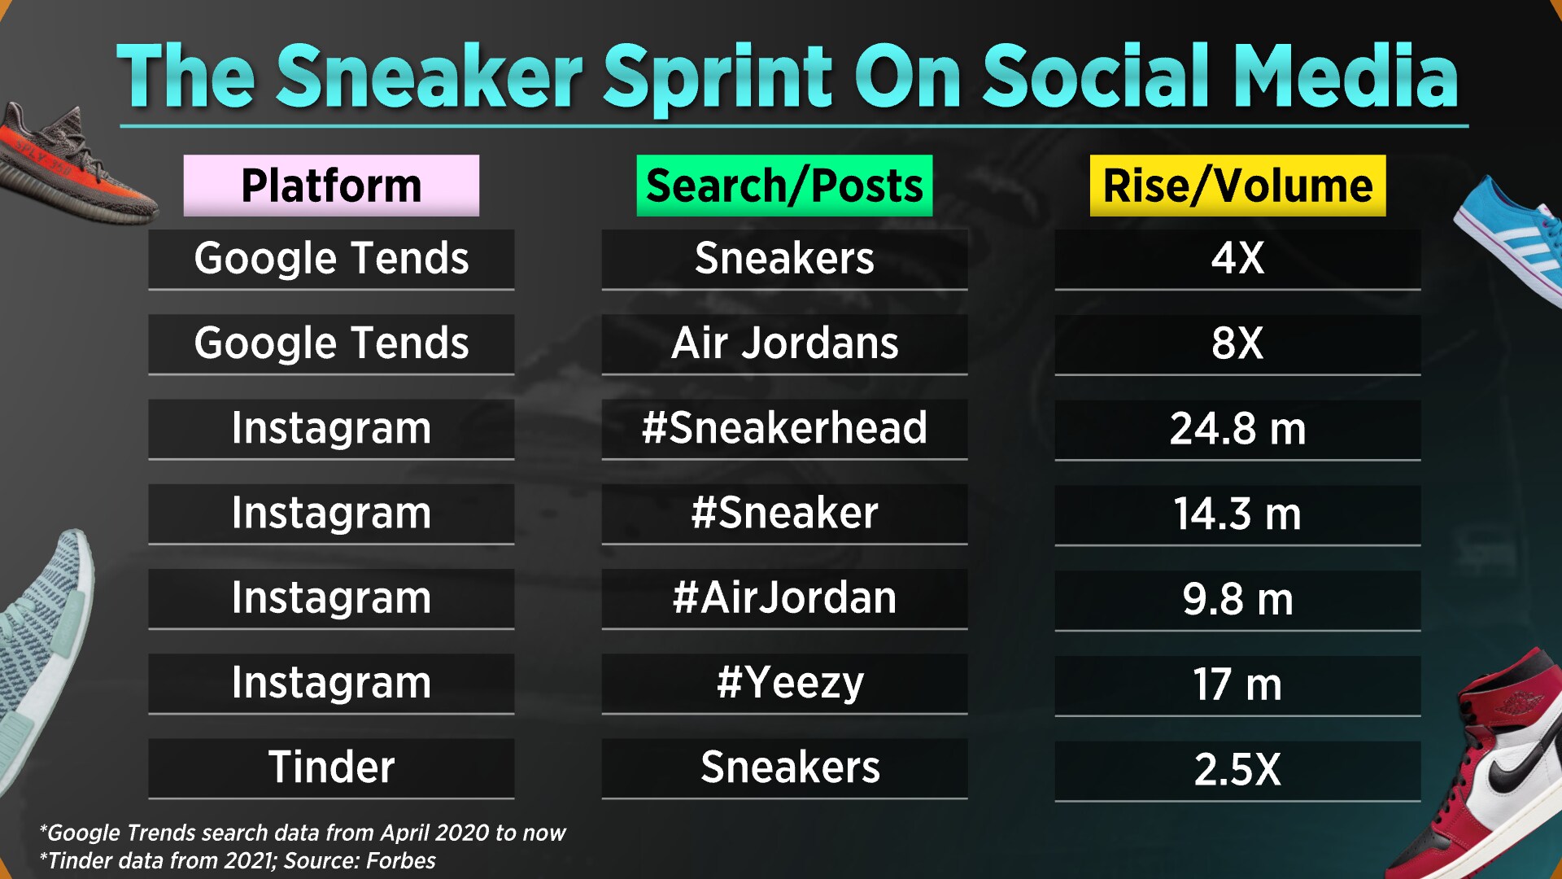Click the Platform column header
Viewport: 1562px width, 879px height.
tap(331, 186)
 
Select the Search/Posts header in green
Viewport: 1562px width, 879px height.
tap(784, 186)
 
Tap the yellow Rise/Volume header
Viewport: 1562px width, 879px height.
tap(1237, 186)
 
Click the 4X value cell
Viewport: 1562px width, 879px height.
tap(1237, 259)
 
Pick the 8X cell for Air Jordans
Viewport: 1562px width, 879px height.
tap(1237, 343)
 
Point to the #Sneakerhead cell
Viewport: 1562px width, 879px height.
tap(784, 428)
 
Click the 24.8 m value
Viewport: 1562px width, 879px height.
tap(1237, 429)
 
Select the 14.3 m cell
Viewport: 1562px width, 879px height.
tap(1237, 514)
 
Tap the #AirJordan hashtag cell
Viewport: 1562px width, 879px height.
tap(784, 598)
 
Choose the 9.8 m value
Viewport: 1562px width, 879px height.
tap(1237, 600)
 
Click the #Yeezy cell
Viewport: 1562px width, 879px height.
tap(789, 683)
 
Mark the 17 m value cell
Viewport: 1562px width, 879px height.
tap(1237, 684)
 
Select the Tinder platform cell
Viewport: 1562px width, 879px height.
tap(331, 767)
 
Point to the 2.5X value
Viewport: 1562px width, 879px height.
tap(1237, 770)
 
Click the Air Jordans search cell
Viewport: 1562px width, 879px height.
tap(784, 343)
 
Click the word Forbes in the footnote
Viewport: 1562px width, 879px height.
tap(400, 861)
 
